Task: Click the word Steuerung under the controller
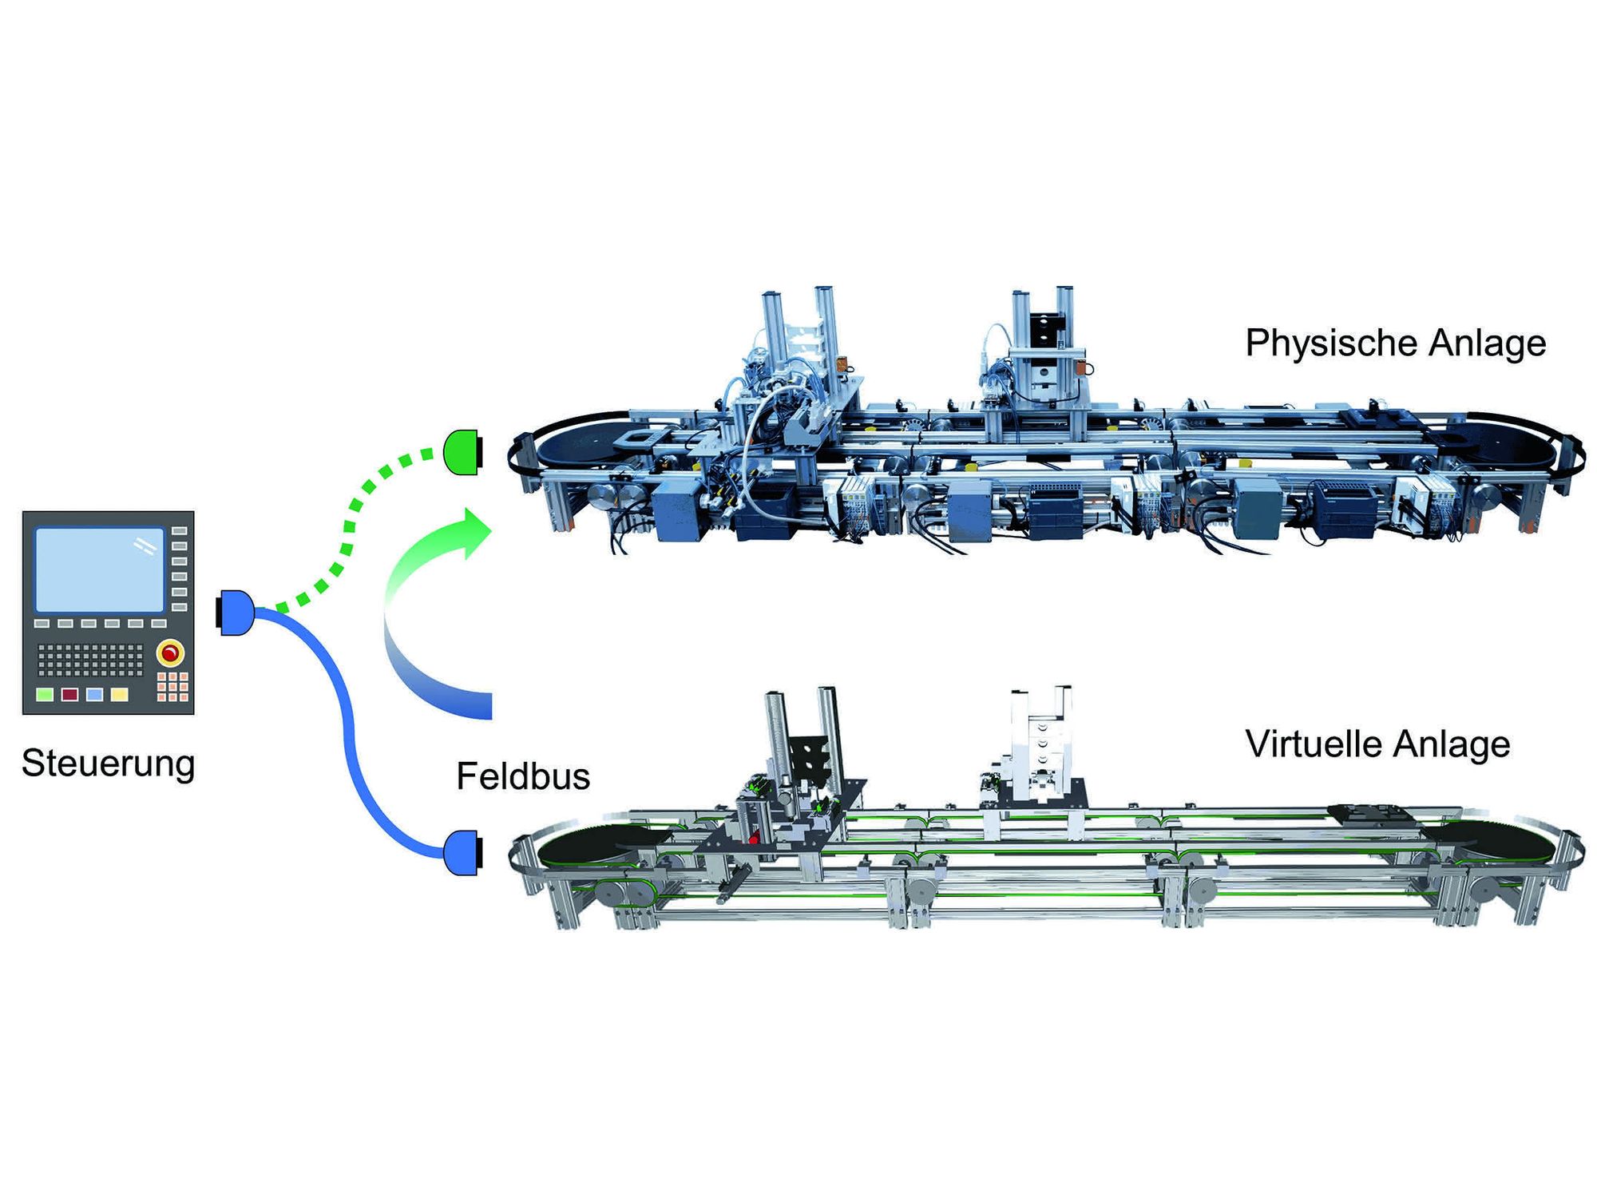[109, 764]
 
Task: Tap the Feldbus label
[523, 776]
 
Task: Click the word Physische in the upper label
[1330, 344]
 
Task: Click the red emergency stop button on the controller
[170, 653]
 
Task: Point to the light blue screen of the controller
[100, 569]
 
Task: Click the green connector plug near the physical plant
[463, 452]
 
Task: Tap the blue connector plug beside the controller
[236, 613]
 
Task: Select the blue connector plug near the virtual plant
[463, 853]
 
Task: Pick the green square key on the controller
[46, 694]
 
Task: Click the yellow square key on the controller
[119, 694]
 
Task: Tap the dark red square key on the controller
[70, 694]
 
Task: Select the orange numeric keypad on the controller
[172, 687]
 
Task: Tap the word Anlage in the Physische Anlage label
[1488, 344]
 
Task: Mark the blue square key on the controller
[95, 694]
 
